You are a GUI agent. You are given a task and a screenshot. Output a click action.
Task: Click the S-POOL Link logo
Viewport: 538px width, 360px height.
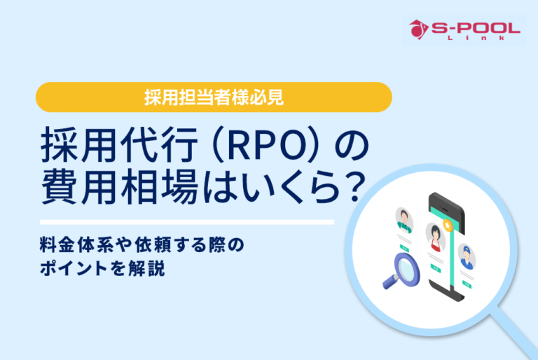(464, 31)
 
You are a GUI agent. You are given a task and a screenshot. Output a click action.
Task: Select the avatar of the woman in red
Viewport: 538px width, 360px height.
(435, 235)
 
